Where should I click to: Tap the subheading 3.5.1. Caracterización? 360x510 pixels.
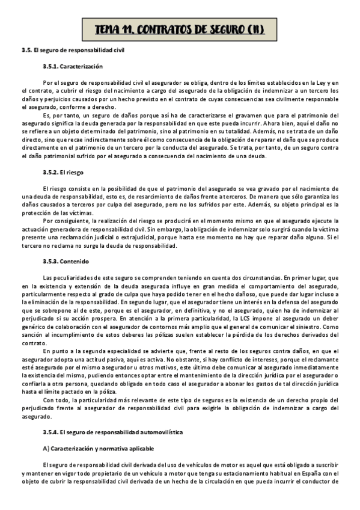[72, 66]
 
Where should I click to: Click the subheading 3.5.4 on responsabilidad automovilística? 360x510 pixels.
[113, 432]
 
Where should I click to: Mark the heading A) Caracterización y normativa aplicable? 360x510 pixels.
[99, 448]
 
